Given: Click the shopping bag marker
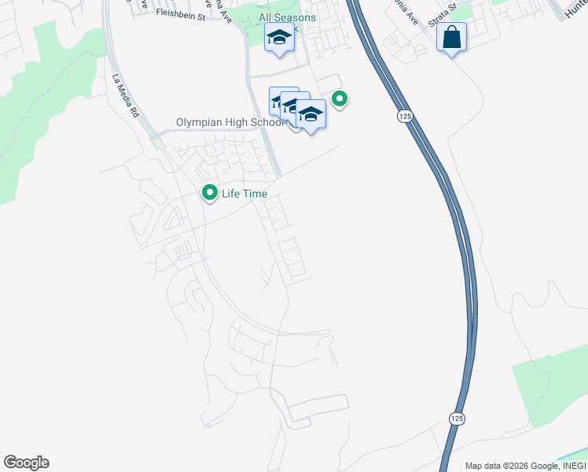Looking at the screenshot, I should [451, 37].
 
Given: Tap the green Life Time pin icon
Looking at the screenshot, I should [210, 192].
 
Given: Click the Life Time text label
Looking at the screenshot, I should [245, 194].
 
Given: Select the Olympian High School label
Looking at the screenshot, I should [230, 123].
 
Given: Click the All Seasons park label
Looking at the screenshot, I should [288, 17].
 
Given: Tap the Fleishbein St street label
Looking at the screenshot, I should [180, 13].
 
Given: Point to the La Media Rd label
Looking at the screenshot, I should [125, 96].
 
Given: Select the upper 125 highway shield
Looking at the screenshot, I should [404, 116].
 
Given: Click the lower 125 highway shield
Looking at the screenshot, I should [457, 419].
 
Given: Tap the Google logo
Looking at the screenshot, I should [26, 463].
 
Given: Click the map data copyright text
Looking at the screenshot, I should [525, 466].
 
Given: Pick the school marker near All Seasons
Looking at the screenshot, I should [280, 37].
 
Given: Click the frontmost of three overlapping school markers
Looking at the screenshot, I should [311, 114].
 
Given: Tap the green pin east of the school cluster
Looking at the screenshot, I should [340, 99].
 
